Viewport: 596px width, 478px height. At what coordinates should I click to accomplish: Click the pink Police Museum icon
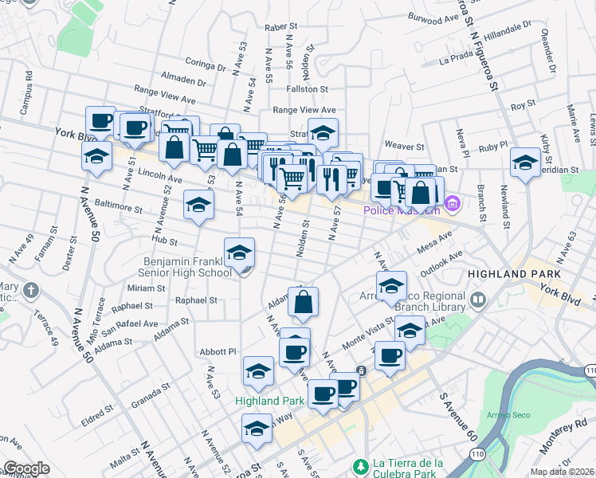click(x=453, y=204)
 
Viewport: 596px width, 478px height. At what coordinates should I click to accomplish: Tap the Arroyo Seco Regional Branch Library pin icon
click(x=478, y=300)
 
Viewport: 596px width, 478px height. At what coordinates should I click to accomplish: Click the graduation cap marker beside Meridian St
click(x=525, y=164)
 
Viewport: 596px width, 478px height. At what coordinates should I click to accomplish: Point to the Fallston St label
click(x=307, y=90)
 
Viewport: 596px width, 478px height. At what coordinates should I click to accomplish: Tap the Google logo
click(x=26, y=468)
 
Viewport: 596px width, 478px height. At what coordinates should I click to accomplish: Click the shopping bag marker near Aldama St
click(x=304, y=303)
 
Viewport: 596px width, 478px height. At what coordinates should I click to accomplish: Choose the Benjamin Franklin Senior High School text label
click(x=187, y=267)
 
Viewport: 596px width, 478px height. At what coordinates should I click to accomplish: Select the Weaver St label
click(x=404, y=147)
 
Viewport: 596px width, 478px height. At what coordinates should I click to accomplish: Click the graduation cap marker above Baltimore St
click(x=198, y=205)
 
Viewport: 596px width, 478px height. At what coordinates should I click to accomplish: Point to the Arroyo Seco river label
click(x=502, y=415)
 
